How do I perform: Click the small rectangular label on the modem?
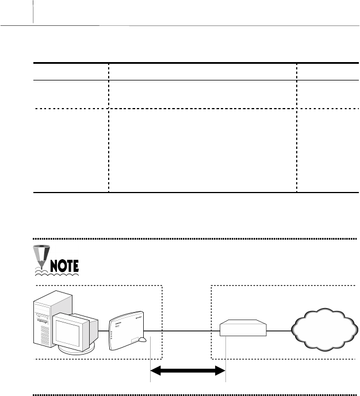tap(138, 341)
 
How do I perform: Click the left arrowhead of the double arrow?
tap(158, 371)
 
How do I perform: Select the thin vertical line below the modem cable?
tap(151, 362)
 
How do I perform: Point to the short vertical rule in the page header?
tap(34, 11)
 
